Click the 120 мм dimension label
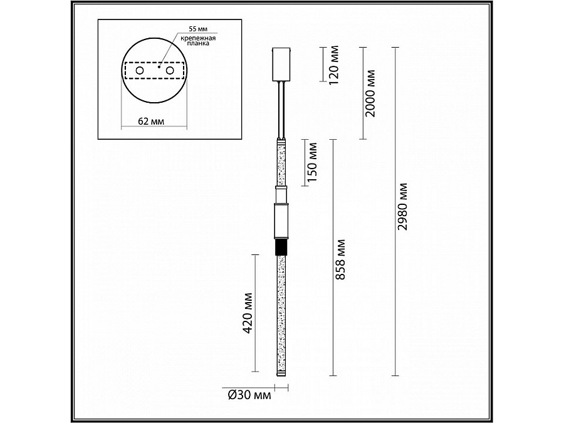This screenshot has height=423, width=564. (x=334, y=65)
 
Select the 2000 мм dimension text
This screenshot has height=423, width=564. (x=370, y=93)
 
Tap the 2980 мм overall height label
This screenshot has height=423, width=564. (x=403, y=206)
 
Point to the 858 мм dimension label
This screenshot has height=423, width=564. (x=340, y=259)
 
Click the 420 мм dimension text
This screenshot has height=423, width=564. (x=248, y=313)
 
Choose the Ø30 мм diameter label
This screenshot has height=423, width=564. (x=249, y=395)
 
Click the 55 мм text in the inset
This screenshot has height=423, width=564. (x=198, y=29)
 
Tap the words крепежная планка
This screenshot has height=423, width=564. (x=198, y=40)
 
